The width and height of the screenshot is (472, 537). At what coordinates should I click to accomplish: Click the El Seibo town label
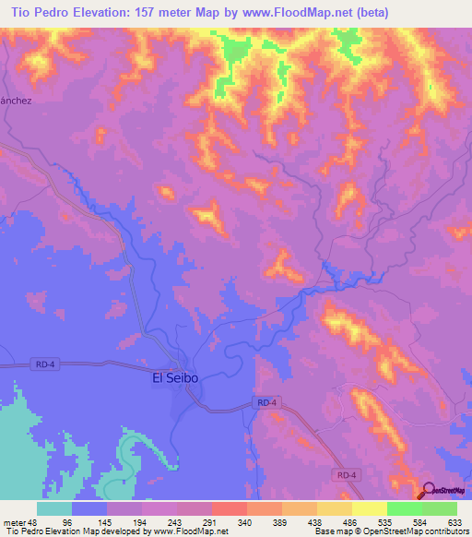(175, 378)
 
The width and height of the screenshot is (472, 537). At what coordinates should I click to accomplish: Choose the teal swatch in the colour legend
(54, 508)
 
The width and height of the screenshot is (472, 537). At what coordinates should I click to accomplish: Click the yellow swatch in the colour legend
(369, 508)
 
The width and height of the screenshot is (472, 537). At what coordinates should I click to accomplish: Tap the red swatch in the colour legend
(230, 508)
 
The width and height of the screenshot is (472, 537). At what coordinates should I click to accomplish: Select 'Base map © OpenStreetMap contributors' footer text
(390, 531)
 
